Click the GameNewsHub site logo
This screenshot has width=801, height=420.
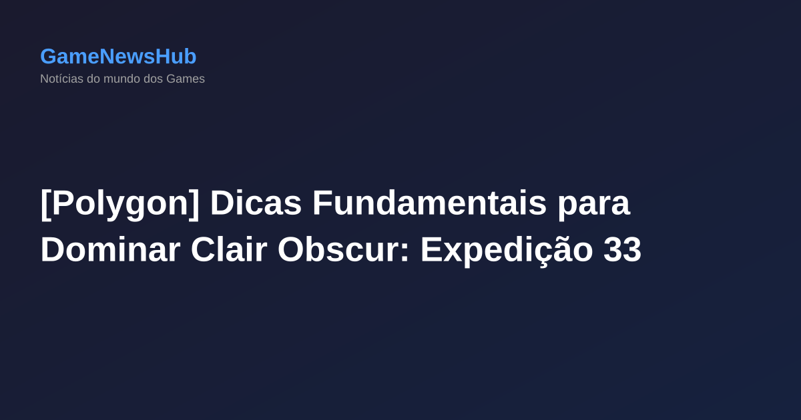point(118,57)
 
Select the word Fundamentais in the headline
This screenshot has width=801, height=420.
point(429,204)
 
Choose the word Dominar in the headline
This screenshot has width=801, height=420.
point(110,251)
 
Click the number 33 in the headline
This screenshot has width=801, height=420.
point(622,251)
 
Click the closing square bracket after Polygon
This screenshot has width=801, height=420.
point(194,204)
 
